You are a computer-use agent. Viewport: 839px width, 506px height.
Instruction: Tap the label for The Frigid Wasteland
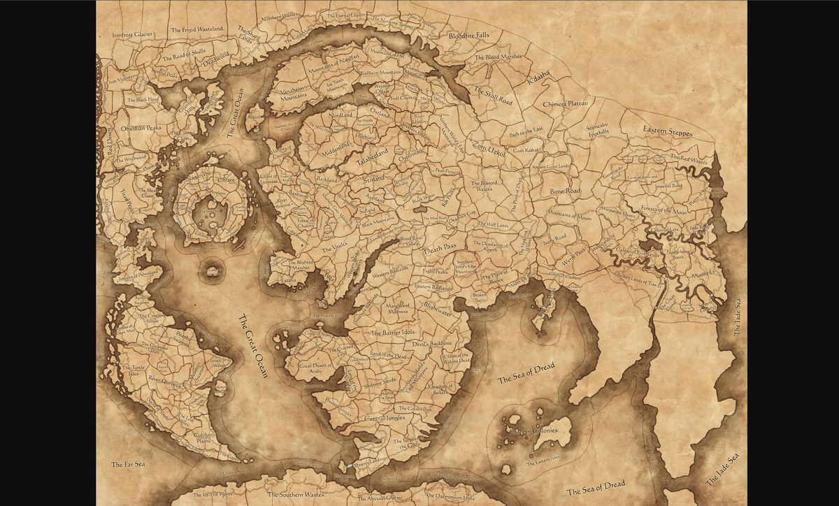click(197, 29)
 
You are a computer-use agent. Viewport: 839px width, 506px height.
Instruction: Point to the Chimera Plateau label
click(566, 103)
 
